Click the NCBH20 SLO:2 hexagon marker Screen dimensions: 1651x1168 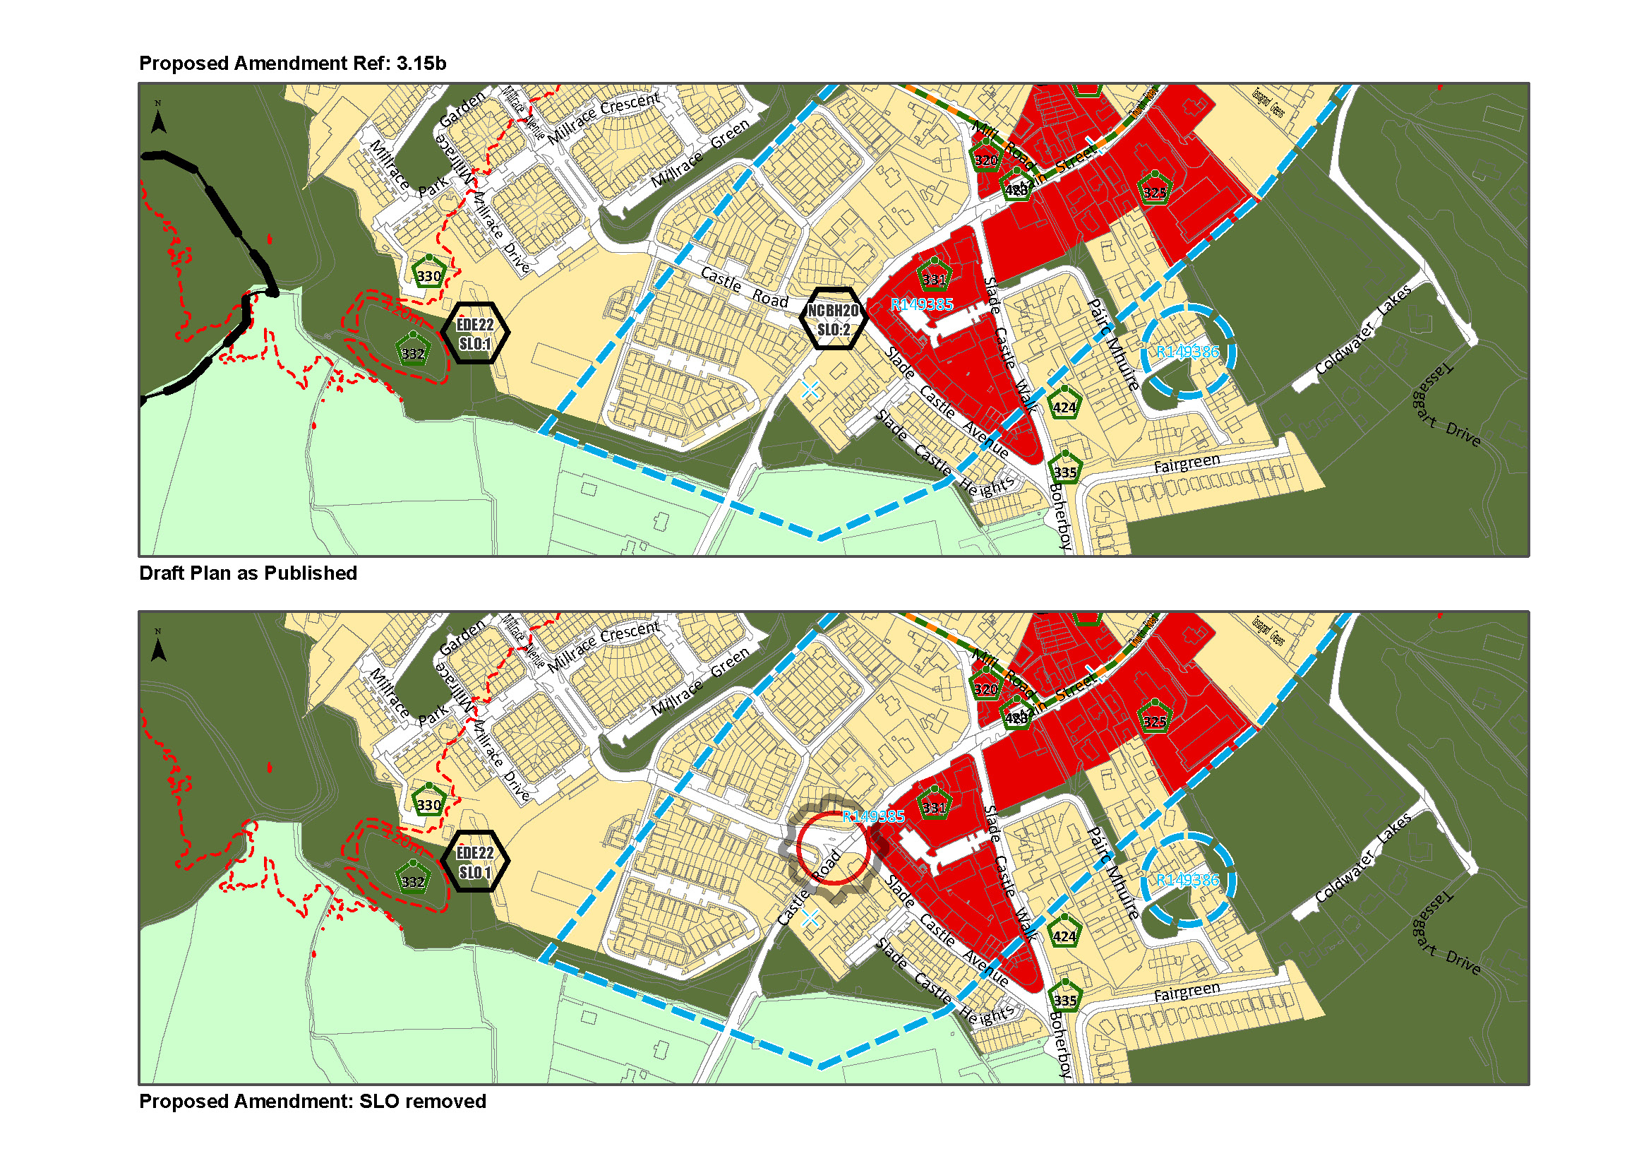click(833, 319)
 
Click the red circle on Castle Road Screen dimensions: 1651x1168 click(834, 848)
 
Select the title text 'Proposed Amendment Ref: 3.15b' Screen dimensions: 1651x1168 click(292, 64)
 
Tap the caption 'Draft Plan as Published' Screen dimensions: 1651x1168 click(247, 573)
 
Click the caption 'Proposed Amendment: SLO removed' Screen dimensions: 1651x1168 click(312, 1102)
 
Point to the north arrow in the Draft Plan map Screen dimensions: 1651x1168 click(158, 119)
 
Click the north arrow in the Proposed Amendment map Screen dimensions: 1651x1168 click(158, 647)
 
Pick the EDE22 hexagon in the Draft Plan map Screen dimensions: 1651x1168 click(474, 333)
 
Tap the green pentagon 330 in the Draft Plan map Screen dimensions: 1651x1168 click(429, 274)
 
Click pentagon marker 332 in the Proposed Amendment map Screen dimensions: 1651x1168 click(413, 879)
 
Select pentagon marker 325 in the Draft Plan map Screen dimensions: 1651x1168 click(1155, 191)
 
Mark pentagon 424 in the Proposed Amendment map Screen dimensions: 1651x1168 click(1064, 934)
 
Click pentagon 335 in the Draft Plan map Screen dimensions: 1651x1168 click(1065, 470)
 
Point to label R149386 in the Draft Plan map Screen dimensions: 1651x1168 click(1188, 352)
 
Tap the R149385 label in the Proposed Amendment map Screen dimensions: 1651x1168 click(873, 816)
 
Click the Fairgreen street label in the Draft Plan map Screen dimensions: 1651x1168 click(1187, 463)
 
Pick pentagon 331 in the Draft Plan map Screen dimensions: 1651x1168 click(934, 278)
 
